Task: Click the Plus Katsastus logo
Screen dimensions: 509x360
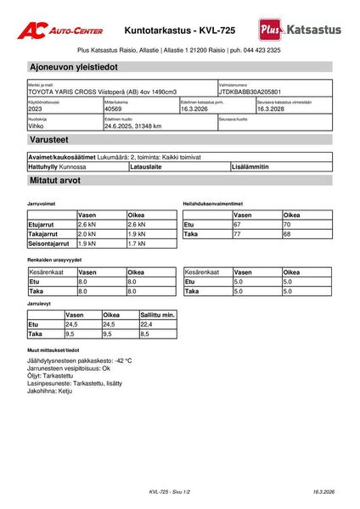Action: (x=301, y=30)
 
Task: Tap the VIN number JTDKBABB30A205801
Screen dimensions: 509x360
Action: (x=250, y=92)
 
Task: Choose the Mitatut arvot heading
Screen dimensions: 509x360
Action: (x=55, y=182)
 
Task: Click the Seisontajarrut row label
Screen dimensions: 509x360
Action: (x=49, y=243)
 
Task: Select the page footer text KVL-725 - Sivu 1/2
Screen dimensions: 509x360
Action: (x=170, y=492)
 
